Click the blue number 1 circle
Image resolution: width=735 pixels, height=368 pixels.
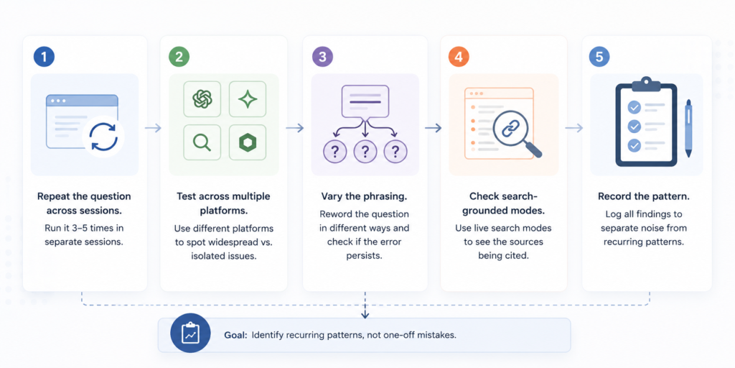pyautogui.click(x=44, y=57)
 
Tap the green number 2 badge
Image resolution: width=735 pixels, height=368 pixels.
pyautogui.click(x=179, y=57)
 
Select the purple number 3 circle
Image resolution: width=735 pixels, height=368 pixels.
pyautogui.click(x=322, y=57)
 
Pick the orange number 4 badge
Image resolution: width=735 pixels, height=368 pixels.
pyautogui.click(x=459, y=57)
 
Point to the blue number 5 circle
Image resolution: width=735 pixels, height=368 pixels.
pyautogui.click(x=599, y=57)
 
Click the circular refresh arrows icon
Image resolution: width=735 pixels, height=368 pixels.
pyautogui.click(x=103, y=136)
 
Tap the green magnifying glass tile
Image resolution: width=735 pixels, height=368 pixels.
pyautogui.click(x=202, y=142)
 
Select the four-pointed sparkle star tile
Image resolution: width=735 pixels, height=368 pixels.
pyautogui.click(x=248, y=98)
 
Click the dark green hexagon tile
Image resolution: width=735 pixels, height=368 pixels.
pyautogui.click(x=248, y=142)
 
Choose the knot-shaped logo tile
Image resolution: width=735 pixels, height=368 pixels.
pyautogui.click(x=202, y=98)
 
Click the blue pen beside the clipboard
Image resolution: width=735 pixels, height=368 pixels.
pyautogui.click(x=688, y=128)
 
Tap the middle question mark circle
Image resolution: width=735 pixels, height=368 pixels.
pyautogui.click(x=365, y=151)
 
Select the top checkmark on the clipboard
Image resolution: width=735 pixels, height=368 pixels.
pyautogui.click(x=635, y=108)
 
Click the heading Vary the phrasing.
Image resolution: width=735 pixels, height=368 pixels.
pyautogui.click(x=365, y=195)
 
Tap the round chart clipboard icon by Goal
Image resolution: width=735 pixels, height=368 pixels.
pyautogui.click(x=191, y=335)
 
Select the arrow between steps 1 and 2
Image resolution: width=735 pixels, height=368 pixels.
pyautogui.click(x=154, y=128)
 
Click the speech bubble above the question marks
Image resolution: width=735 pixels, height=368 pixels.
pyautogui.click(x=365, y=102)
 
